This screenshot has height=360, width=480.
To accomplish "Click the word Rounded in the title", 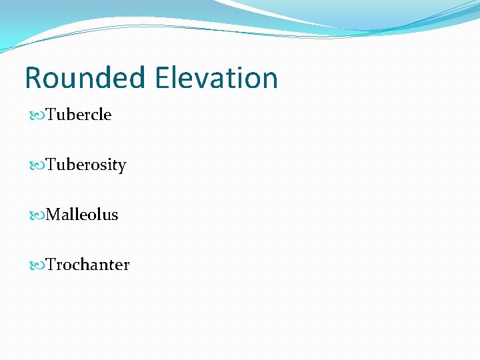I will (x=85, y=78).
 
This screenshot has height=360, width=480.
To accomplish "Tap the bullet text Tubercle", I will (x=79, y=115).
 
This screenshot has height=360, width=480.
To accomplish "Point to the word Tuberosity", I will (x=86, y=165).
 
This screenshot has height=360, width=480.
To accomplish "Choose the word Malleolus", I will (x=82, y=215).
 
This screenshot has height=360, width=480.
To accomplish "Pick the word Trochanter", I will (x=87, y=265).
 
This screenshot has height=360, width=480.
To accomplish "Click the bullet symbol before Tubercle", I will (x=37, y=115).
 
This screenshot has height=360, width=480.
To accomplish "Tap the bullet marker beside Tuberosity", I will (x=37, y=165).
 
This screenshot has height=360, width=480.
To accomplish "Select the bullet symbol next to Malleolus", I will (x=37, y=215).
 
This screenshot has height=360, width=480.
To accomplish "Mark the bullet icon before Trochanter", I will (x=37, y=265).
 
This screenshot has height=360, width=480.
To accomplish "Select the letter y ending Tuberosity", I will (x=122, y=167).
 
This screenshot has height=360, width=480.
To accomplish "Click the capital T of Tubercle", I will (x=51, y=115).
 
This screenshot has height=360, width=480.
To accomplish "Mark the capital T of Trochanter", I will (x=51, y=265).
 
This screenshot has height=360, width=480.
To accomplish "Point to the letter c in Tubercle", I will (x=97, y=116).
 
